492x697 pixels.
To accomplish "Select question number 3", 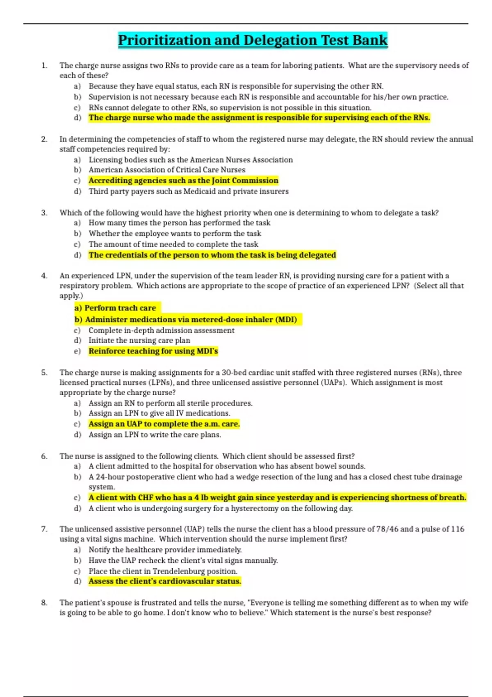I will (x=44, y=212).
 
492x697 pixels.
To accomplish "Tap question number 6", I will (x=44, y=456).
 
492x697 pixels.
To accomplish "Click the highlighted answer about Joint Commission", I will (x=183, y=180).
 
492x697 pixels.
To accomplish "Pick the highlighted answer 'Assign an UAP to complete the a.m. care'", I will (x=164, y=424).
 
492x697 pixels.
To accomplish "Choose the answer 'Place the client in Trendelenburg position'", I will (x=163, y=571).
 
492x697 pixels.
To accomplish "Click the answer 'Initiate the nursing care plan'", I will (x=139, y=340).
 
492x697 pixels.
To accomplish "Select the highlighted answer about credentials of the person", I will (x=212, y=255).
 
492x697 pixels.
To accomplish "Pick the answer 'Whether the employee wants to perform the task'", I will (x=175, y=233).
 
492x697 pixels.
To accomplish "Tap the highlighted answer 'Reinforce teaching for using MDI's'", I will (x=153, y=351).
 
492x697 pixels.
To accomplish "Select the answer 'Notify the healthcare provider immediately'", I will (x=165, y=550).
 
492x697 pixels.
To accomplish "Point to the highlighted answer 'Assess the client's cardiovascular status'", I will (x=164, y=581).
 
